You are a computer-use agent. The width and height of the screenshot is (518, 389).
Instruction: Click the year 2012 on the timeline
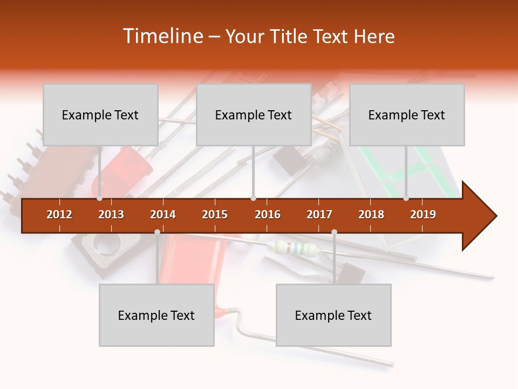59,214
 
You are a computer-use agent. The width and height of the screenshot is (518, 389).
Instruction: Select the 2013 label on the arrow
111,214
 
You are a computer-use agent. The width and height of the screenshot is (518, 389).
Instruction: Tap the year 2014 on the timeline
163,214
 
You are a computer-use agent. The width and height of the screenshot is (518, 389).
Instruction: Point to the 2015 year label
215,214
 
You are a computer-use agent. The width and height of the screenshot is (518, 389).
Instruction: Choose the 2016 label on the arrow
268,214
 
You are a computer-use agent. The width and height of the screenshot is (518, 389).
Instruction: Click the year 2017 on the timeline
319,214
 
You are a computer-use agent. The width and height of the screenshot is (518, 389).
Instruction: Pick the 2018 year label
371,214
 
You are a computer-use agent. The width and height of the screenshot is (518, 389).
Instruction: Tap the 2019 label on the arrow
423,214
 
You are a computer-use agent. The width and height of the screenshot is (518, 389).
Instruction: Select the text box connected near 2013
100,115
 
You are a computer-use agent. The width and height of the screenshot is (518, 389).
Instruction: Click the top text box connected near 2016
254,115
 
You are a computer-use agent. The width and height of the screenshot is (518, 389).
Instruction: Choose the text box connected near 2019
407,115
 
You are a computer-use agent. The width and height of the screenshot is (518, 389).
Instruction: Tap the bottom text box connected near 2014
156,315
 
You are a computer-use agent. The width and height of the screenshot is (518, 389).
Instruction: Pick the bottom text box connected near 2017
333,315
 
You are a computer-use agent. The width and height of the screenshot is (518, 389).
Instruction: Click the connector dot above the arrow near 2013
100,198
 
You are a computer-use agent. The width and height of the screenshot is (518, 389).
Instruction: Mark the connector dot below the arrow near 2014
157,232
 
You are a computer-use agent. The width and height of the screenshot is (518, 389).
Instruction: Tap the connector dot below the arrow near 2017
334,232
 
